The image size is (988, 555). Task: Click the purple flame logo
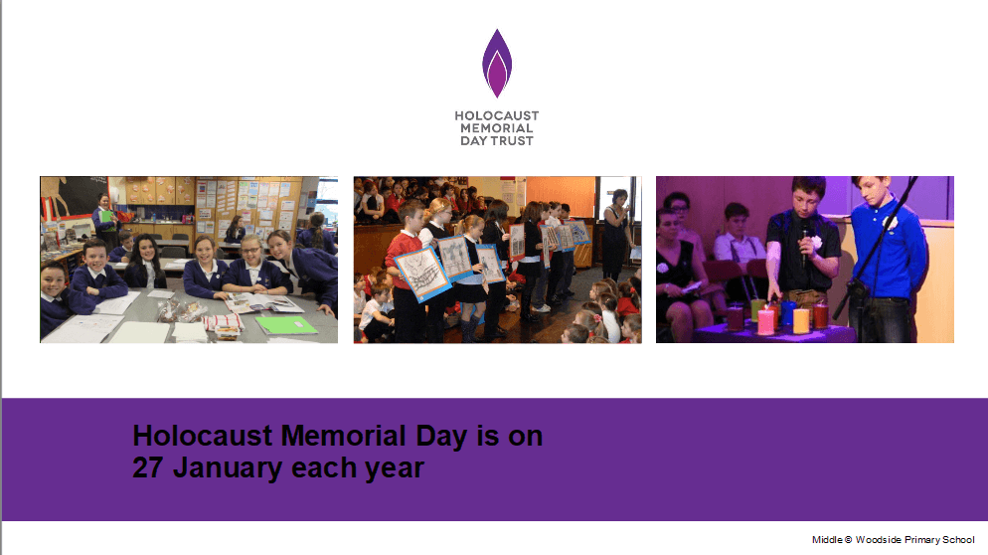coord(497,63)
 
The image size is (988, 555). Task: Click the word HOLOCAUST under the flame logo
coord(497,116)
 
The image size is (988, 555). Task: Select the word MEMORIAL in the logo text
coord(497,128)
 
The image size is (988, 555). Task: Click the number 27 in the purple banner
coord(148,467)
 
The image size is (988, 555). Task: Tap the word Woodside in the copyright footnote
coord(878,540)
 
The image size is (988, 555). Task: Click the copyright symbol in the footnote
coord(848,540)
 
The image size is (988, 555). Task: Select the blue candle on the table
coord(787,313)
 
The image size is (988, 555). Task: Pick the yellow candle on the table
coord(801,320)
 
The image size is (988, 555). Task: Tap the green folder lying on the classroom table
coord(285,325)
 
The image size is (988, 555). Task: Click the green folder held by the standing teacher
coord(107,217)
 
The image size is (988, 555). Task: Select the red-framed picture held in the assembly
coord(517,242)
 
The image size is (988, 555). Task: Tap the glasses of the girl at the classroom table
coord(250,250)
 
